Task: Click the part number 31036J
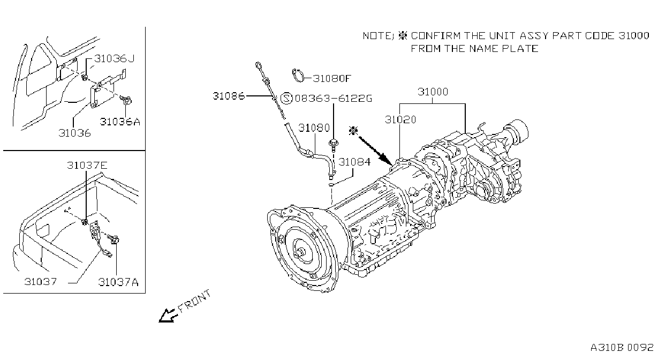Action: click(x=114, y=59)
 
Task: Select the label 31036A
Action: click(x=120, y=122)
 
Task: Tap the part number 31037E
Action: click(x=87, y=165)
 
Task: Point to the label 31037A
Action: click(x=118, y=282)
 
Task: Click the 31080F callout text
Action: click(x=332, y=78)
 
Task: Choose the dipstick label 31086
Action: click(x=229, y=96)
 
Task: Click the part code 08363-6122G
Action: click(x=334, y=98)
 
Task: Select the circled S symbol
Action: click(x=286, y=98)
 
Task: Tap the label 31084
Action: click(x=354, y=162)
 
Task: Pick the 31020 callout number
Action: click(x=400, y=119)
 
